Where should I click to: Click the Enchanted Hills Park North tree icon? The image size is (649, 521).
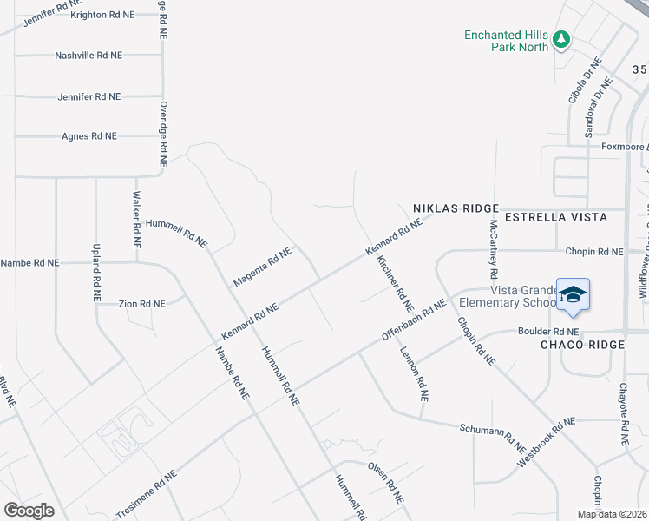(x=561, y=39)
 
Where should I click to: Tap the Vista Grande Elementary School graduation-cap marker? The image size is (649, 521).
(x=573, y=296)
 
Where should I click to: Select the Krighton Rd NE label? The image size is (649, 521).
(x=102, y=15)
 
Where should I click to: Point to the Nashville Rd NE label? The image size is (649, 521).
(x=88, y=55)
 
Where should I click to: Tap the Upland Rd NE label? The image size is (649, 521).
(x=96, y=273)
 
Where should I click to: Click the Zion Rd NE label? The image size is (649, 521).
(x=141, y=304)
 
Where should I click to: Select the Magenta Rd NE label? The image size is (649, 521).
(x=262, y=267)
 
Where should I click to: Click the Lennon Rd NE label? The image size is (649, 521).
(x=414, y=374)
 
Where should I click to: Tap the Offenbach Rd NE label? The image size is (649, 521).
(x=414, y=320)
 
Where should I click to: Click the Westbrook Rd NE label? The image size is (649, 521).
(x=546, y=443)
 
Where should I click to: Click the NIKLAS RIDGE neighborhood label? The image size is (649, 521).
(x=456, y=208)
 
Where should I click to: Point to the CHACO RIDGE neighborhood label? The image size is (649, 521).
(x=581, y=346)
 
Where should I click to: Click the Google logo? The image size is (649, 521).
(x=29, y=511)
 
